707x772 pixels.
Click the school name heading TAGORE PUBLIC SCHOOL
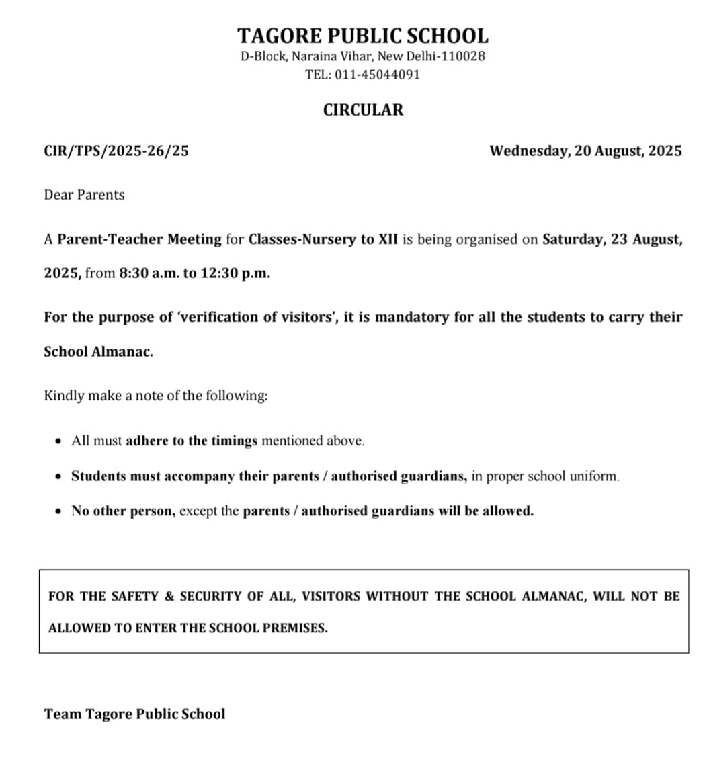tap(362, 35)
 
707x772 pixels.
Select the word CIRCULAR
tap(363, 110)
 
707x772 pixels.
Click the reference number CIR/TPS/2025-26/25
tap(116, 151)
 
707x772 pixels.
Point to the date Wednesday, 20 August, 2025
tap(585, 151)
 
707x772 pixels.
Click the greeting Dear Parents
tap(84, 195)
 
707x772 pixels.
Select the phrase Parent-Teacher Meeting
tap(139, 239)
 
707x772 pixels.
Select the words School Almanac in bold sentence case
tap(98, 351)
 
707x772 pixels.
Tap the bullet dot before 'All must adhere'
tap(58, 441)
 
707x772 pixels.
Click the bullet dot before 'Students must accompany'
tap(58, 476)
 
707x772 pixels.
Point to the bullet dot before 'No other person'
tap(58, 511)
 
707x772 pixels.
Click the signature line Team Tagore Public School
tap(134, 714)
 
